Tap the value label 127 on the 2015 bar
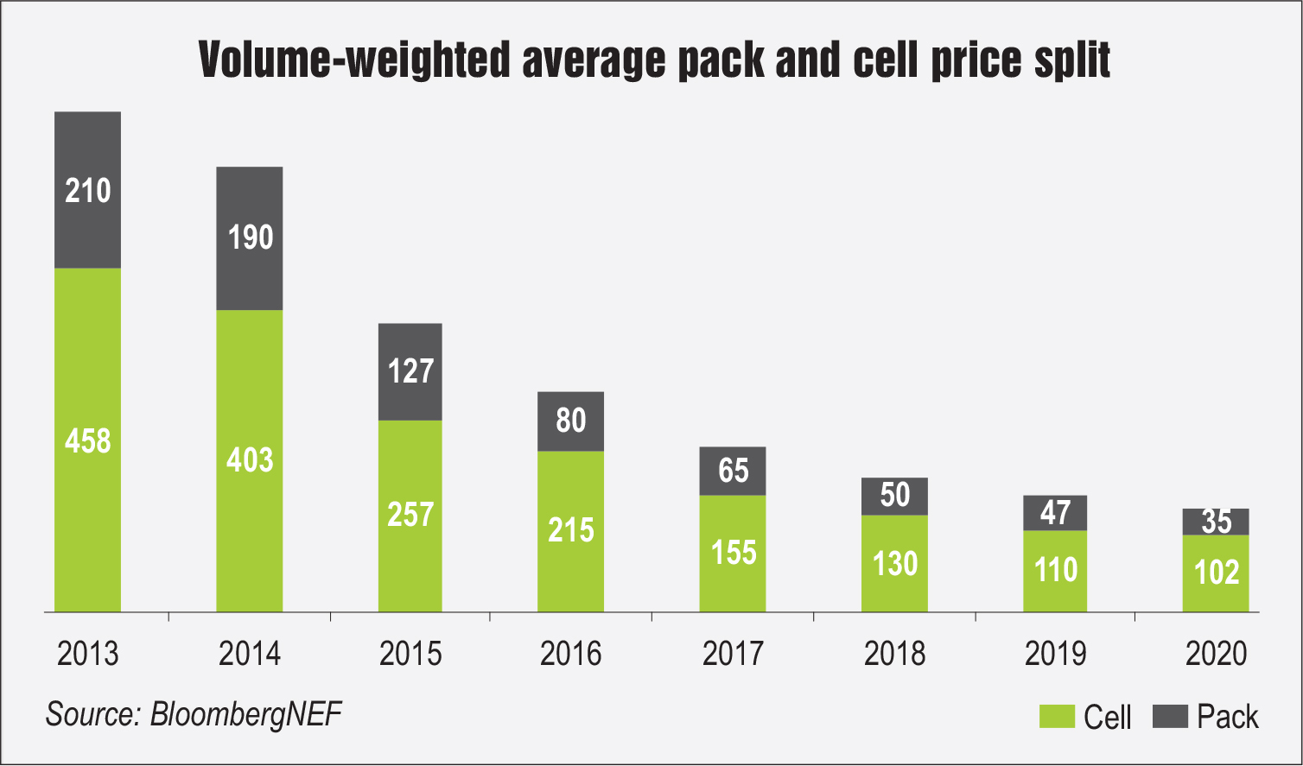point(410,371)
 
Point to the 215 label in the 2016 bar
point(571,529)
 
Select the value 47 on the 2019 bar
point(1055,513)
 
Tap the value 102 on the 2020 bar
point(1216,573)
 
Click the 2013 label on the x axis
point(87,654)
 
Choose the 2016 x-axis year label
point(571,654)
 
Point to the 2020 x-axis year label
point(1216,654)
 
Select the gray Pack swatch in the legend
point(1171,716)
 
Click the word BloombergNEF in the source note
point(246,714)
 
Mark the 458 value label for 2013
point(88,441)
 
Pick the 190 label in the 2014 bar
point(251,237)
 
